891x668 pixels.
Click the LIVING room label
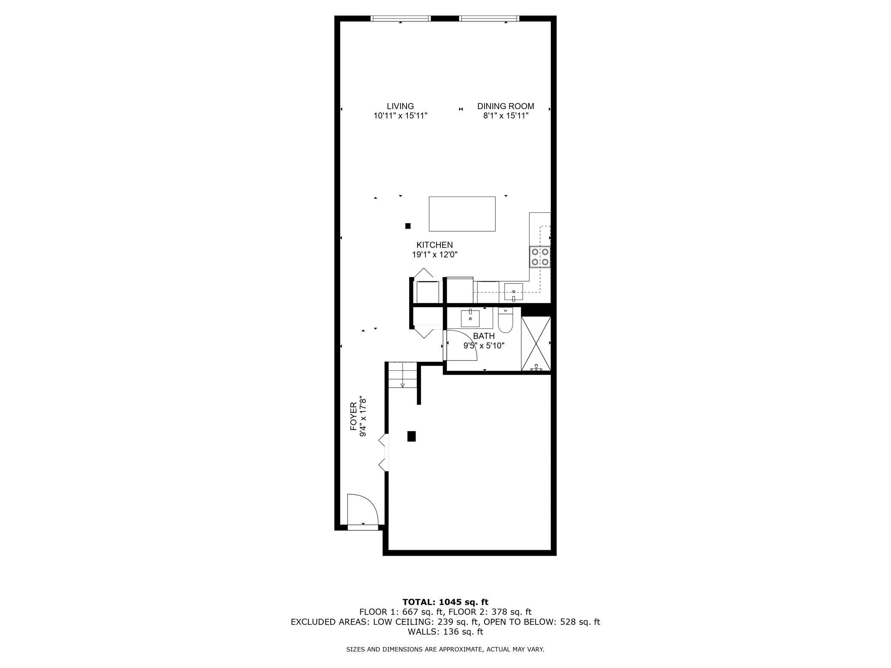400,106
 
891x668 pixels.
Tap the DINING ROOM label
505,106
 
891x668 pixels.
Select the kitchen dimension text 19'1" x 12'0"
435,255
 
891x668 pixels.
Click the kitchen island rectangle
462,214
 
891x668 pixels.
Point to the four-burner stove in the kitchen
540,257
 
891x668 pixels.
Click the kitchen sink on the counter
513,292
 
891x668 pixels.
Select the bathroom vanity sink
470,318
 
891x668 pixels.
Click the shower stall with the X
536,343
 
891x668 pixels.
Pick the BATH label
484,336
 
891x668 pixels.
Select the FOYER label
353,416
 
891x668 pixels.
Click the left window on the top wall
400,18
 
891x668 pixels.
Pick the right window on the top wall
489,18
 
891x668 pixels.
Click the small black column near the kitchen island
408,226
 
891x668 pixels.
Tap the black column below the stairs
411,436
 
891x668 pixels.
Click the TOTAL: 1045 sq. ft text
445,602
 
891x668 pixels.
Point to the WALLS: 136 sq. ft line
445,632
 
